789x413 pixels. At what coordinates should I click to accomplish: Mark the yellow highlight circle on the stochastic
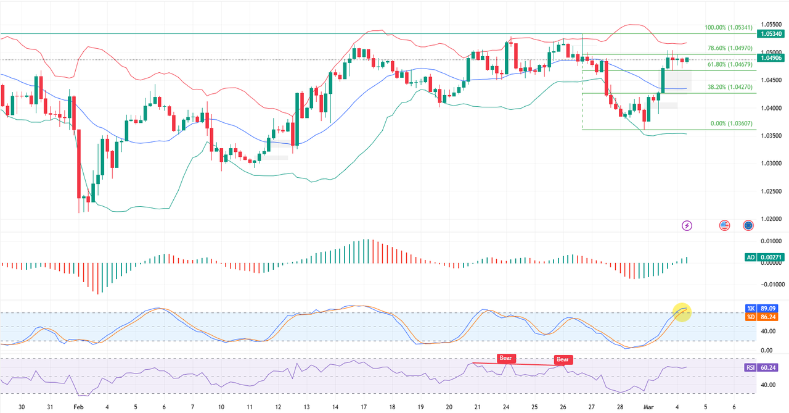(681, 312)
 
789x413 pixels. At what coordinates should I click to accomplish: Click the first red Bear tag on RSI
(505, 357)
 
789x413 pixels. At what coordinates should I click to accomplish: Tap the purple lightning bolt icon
(687, 226)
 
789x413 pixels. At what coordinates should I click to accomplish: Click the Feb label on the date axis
(78, 407)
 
